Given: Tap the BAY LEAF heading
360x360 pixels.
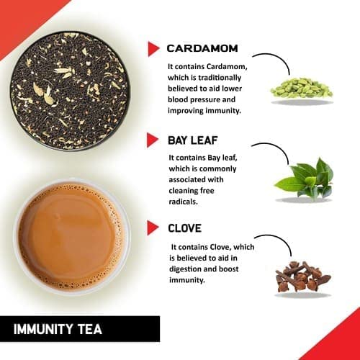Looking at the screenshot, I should point(194,139).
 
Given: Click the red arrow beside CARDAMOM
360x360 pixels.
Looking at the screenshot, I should point(153,49).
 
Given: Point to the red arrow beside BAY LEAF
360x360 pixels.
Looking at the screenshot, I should point(153,139).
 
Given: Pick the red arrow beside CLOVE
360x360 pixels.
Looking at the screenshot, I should point(153,228).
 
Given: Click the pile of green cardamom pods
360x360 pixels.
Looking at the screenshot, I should point(301,88).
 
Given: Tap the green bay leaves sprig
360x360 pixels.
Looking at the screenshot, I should point(305,180).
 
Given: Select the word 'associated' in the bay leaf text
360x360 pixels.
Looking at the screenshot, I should point(192,179).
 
